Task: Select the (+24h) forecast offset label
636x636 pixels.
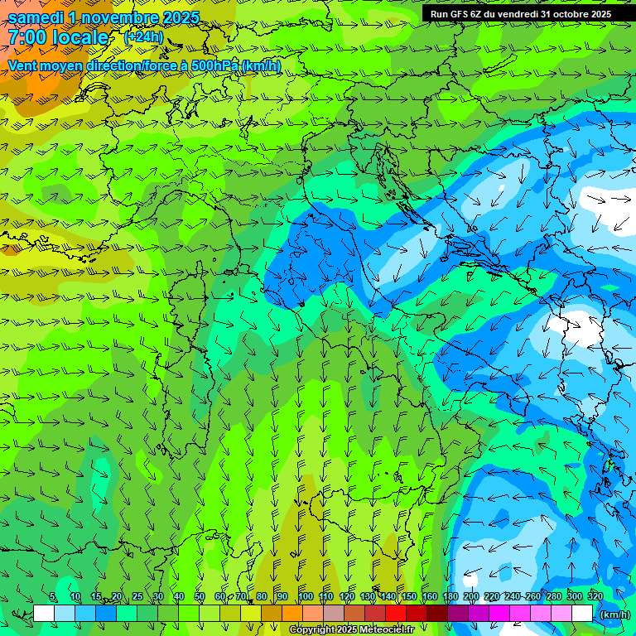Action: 143,37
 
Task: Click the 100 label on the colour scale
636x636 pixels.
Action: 306,596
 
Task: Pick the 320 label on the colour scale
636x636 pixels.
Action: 595,596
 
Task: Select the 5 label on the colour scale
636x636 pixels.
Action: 53,596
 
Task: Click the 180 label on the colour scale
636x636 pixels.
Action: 450,596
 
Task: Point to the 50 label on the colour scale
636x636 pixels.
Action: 200,596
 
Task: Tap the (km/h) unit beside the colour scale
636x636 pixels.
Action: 614,614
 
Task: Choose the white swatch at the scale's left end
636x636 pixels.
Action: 44,614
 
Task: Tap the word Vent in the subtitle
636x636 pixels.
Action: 22,65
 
